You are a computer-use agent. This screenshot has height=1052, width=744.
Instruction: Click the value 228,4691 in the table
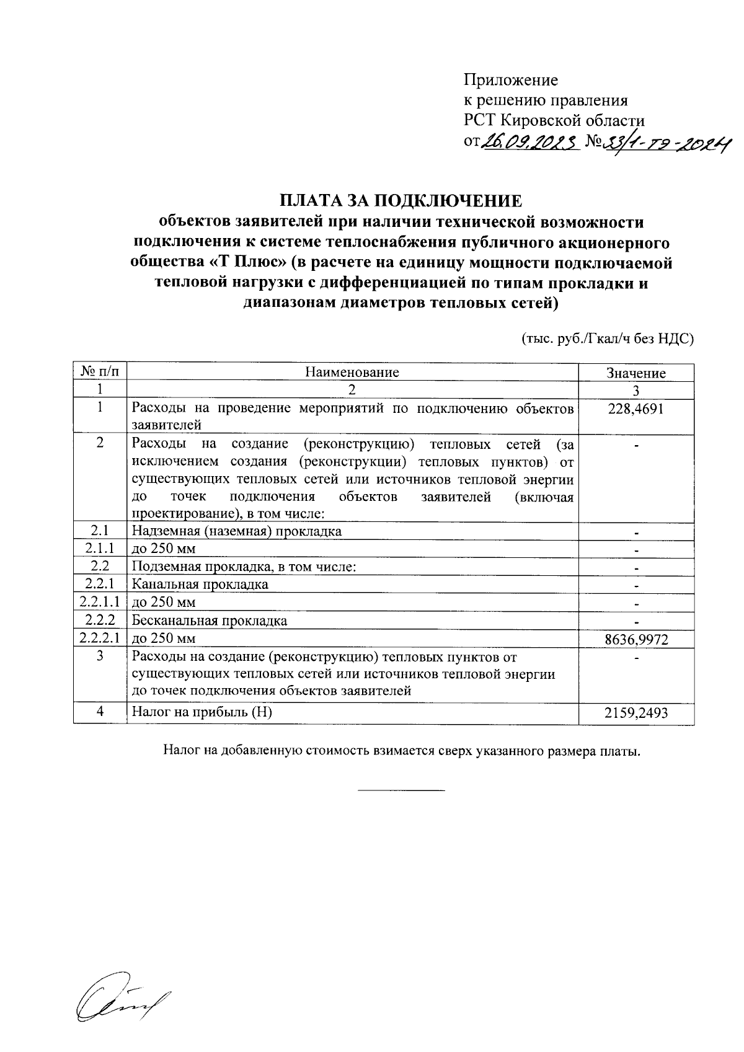[x=636, y=409]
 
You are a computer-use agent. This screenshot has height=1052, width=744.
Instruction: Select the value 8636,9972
[x=636, y=640]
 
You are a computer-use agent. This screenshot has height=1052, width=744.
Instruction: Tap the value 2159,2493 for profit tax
[x=636, y=713]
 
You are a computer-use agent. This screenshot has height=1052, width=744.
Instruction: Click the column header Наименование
[x=352, y=373]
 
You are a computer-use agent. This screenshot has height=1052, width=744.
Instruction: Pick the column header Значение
[x=636, y=373]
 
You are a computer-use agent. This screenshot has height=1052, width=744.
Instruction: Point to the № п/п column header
[x=100, y=372]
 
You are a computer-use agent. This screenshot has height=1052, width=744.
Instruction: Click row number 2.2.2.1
[x=100, y=639]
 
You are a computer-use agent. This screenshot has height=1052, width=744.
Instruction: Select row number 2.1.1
[x=100, y=549]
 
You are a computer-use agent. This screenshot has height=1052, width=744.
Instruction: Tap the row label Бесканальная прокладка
[x=210, y=621]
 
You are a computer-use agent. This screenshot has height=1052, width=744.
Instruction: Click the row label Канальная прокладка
[x=200, y=585]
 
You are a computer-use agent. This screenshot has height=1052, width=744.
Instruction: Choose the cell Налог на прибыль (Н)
[x=202, y=712]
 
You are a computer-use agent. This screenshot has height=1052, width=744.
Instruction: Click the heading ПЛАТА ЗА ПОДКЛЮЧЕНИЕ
[x=401, y=201]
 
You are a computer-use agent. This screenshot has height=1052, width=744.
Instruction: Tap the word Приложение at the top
[x=511, y=80]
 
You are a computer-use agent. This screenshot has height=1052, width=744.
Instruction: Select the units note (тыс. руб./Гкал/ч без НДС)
[x=606, y=339]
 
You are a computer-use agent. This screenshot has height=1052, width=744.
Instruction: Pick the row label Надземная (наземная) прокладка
[x=236, y=531]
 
